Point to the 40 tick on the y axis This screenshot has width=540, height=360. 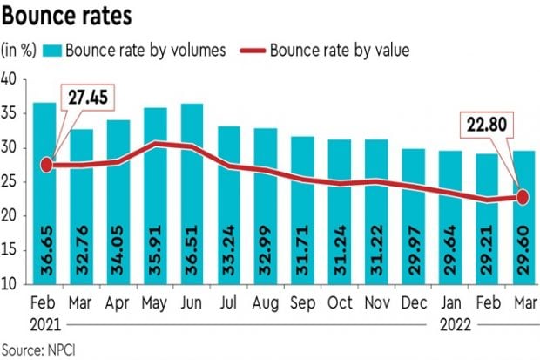point(10,79)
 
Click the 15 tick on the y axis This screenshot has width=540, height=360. point(10,250)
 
